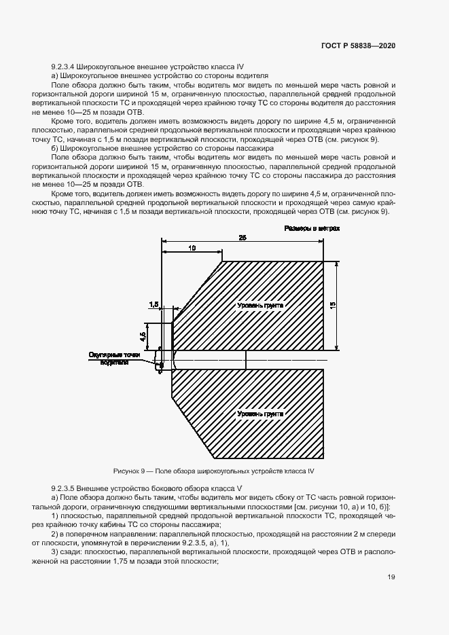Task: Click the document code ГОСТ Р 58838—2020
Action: tap(359, 46)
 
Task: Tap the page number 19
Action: tap(391, 577)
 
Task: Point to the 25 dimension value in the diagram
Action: tap(243, 238)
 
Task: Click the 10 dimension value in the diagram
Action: tap(192, 249)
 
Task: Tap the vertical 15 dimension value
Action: tap(332, 306)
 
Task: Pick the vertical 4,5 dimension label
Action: tap(143, 335)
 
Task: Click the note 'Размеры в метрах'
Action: tap(312, 229)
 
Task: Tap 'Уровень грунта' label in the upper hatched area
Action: tap(259, 306)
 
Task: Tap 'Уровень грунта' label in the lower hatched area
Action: tap(259, 414)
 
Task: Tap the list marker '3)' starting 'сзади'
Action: tap(56, 553)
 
